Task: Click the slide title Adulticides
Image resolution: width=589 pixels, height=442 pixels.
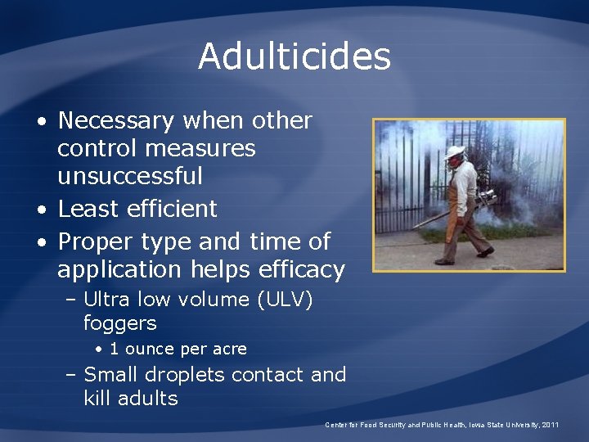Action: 294,56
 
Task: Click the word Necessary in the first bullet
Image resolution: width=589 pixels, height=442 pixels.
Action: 116,121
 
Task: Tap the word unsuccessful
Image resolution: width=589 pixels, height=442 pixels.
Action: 130,176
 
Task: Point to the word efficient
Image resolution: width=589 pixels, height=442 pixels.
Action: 173,209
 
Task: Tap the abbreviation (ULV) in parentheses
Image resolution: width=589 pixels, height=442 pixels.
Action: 285,300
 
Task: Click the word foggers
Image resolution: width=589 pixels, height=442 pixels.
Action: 119,322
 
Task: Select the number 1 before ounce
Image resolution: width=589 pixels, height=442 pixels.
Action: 114,349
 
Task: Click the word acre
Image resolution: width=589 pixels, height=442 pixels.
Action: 229,349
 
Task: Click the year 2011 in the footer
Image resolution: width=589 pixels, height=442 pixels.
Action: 549,425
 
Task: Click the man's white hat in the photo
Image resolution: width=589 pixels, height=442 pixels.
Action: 455,151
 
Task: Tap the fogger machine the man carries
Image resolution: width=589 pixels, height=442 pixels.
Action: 484,201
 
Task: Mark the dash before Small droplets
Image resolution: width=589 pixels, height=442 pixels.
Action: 70,375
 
